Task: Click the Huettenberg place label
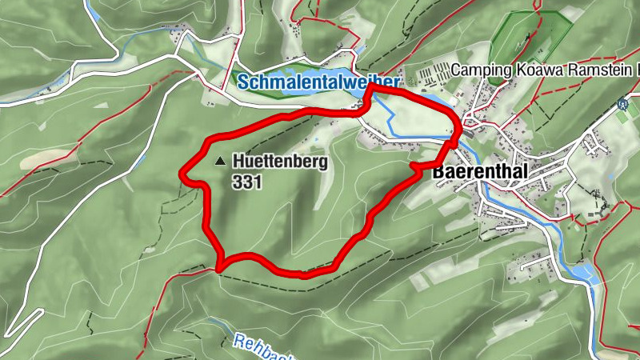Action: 280,161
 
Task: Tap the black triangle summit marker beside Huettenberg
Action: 221,161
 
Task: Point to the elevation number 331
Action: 246,182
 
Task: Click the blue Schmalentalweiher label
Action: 318,82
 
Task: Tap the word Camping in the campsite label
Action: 479,70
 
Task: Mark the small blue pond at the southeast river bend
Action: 588,272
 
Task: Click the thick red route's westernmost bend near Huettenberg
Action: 185,171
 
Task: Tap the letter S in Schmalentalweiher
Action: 242,82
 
